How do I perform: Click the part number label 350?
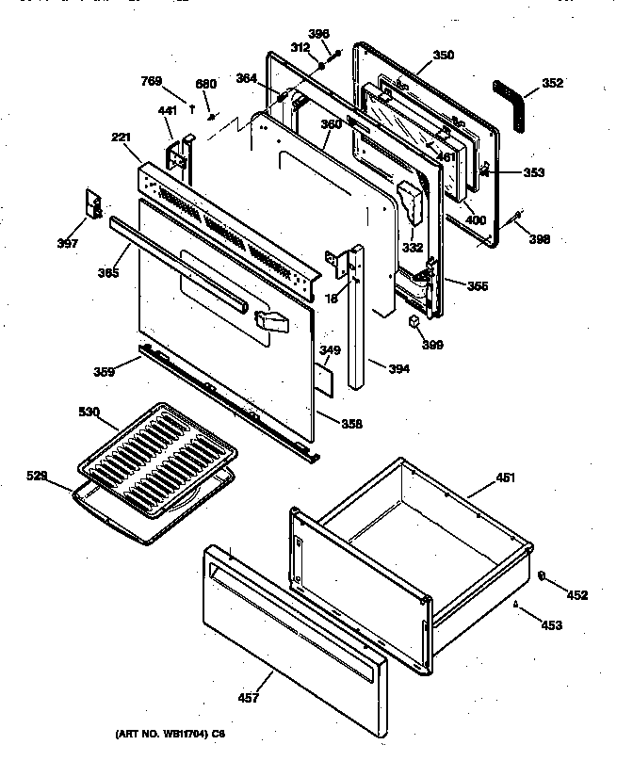coord(443,56)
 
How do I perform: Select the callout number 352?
coord(553,83)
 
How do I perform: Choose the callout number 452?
coord(576,594)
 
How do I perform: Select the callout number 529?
coord(37,478)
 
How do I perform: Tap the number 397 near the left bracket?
coord(66,243)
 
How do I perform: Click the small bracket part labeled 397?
coord(94,204)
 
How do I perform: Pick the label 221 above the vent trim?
coord(121,138)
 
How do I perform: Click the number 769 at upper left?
coord(152,82)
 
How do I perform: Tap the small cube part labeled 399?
coord(412,322)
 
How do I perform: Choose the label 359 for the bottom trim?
coord(104,371)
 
